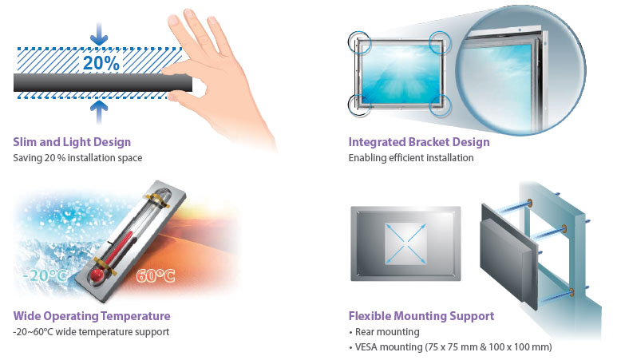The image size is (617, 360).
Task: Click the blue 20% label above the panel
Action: coord(101,63)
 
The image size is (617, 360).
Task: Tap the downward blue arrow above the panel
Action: coord(99,34)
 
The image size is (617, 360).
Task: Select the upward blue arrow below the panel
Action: coord(99,112)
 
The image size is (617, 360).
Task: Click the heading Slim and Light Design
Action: coord(72,142)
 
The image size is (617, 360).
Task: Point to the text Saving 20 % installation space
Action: coord(77,158)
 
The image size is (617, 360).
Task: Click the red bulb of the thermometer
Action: coord(97,275)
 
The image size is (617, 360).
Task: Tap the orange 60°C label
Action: coord(156,275)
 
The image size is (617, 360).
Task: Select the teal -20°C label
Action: coord(45,275)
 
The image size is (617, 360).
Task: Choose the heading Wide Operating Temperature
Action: coord(92,316)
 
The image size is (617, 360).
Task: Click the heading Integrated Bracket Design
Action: coord(419,142)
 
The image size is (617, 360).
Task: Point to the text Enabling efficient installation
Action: coord(411,158)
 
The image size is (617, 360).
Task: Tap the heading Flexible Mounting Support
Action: coord(421,316)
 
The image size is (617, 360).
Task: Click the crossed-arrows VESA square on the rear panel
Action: coord(405,243)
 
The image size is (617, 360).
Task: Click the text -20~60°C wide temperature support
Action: coord(91,332)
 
